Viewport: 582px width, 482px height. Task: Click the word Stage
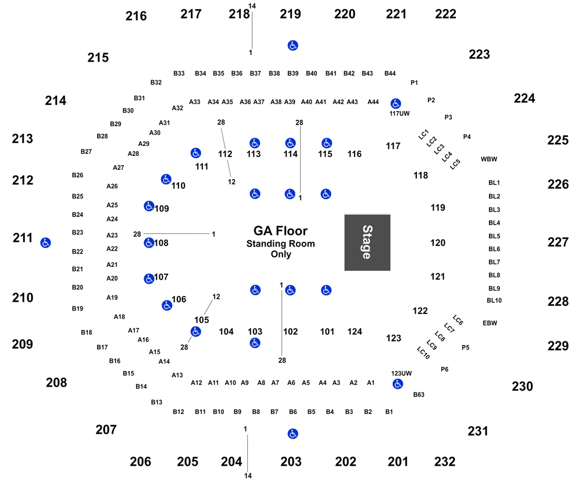click(367, 242)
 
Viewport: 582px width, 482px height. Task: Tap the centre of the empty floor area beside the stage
click(281, 242)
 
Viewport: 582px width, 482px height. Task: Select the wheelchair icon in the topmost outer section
click(293, 45)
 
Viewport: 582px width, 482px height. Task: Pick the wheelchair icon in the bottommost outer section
click(293, 434)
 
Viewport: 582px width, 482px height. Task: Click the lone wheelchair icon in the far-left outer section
click(45, 242)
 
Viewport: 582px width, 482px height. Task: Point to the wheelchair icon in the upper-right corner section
click(396, 104)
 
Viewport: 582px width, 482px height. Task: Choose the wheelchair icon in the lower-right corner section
click(398, 384)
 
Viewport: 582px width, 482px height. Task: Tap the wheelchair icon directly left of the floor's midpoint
click(149, 242)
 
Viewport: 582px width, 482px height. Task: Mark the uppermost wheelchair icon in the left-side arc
click(196, 153)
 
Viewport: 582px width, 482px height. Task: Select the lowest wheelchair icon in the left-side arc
click(196, 331)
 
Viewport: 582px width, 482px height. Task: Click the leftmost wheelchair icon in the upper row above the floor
click(255, 143)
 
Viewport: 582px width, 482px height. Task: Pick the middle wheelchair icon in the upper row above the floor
click(290, 143)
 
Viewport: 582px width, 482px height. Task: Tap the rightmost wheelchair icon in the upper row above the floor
click(327, 143)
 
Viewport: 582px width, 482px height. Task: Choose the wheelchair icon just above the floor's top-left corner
click(255, 194)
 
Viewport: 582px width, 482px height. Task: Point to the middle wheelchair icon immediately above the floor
click(290, 194)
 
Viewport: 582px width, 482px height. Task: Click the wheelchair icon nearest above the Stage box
click(326, 194)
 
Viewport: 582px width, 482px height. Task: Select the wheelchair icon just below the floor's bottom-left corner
click(255, 290)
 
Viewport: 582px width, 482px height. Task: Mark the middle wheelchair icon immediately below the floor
click(290, 290)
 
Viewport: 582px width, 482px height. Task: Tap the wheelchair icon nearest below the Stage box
click(326, 290)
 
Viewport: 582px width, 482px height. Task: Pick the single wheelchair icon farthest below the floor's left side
click(255, 343)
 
